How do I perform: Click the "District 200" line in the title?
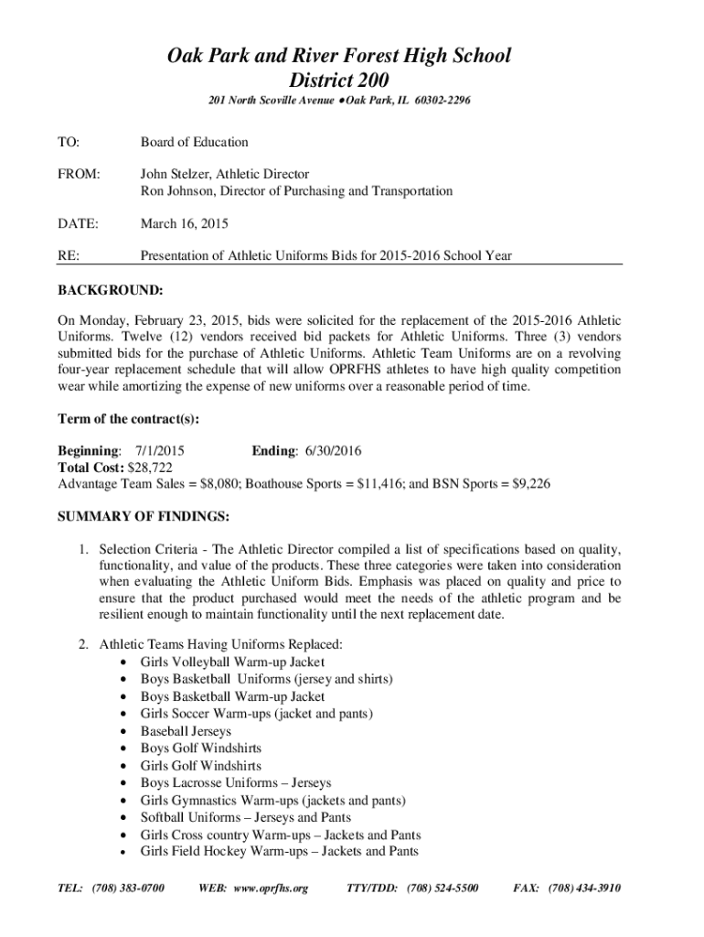(337, 81)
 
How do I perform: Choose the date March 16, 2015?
(184, 223)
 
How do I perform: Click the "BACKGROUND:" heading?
(111, 291)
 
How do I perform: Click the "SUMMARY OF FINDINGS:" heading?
(144, 517)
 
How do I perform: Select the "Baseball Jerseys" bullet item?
(186, 731)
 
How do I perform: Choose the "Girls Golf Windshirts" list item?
(200, 766)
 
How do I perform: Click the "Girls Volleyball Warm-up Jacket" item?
(232, 662)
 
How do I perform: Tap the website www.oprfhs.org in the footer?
(271, 889)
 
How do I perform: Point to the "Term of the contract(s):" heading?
(129, 419)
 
